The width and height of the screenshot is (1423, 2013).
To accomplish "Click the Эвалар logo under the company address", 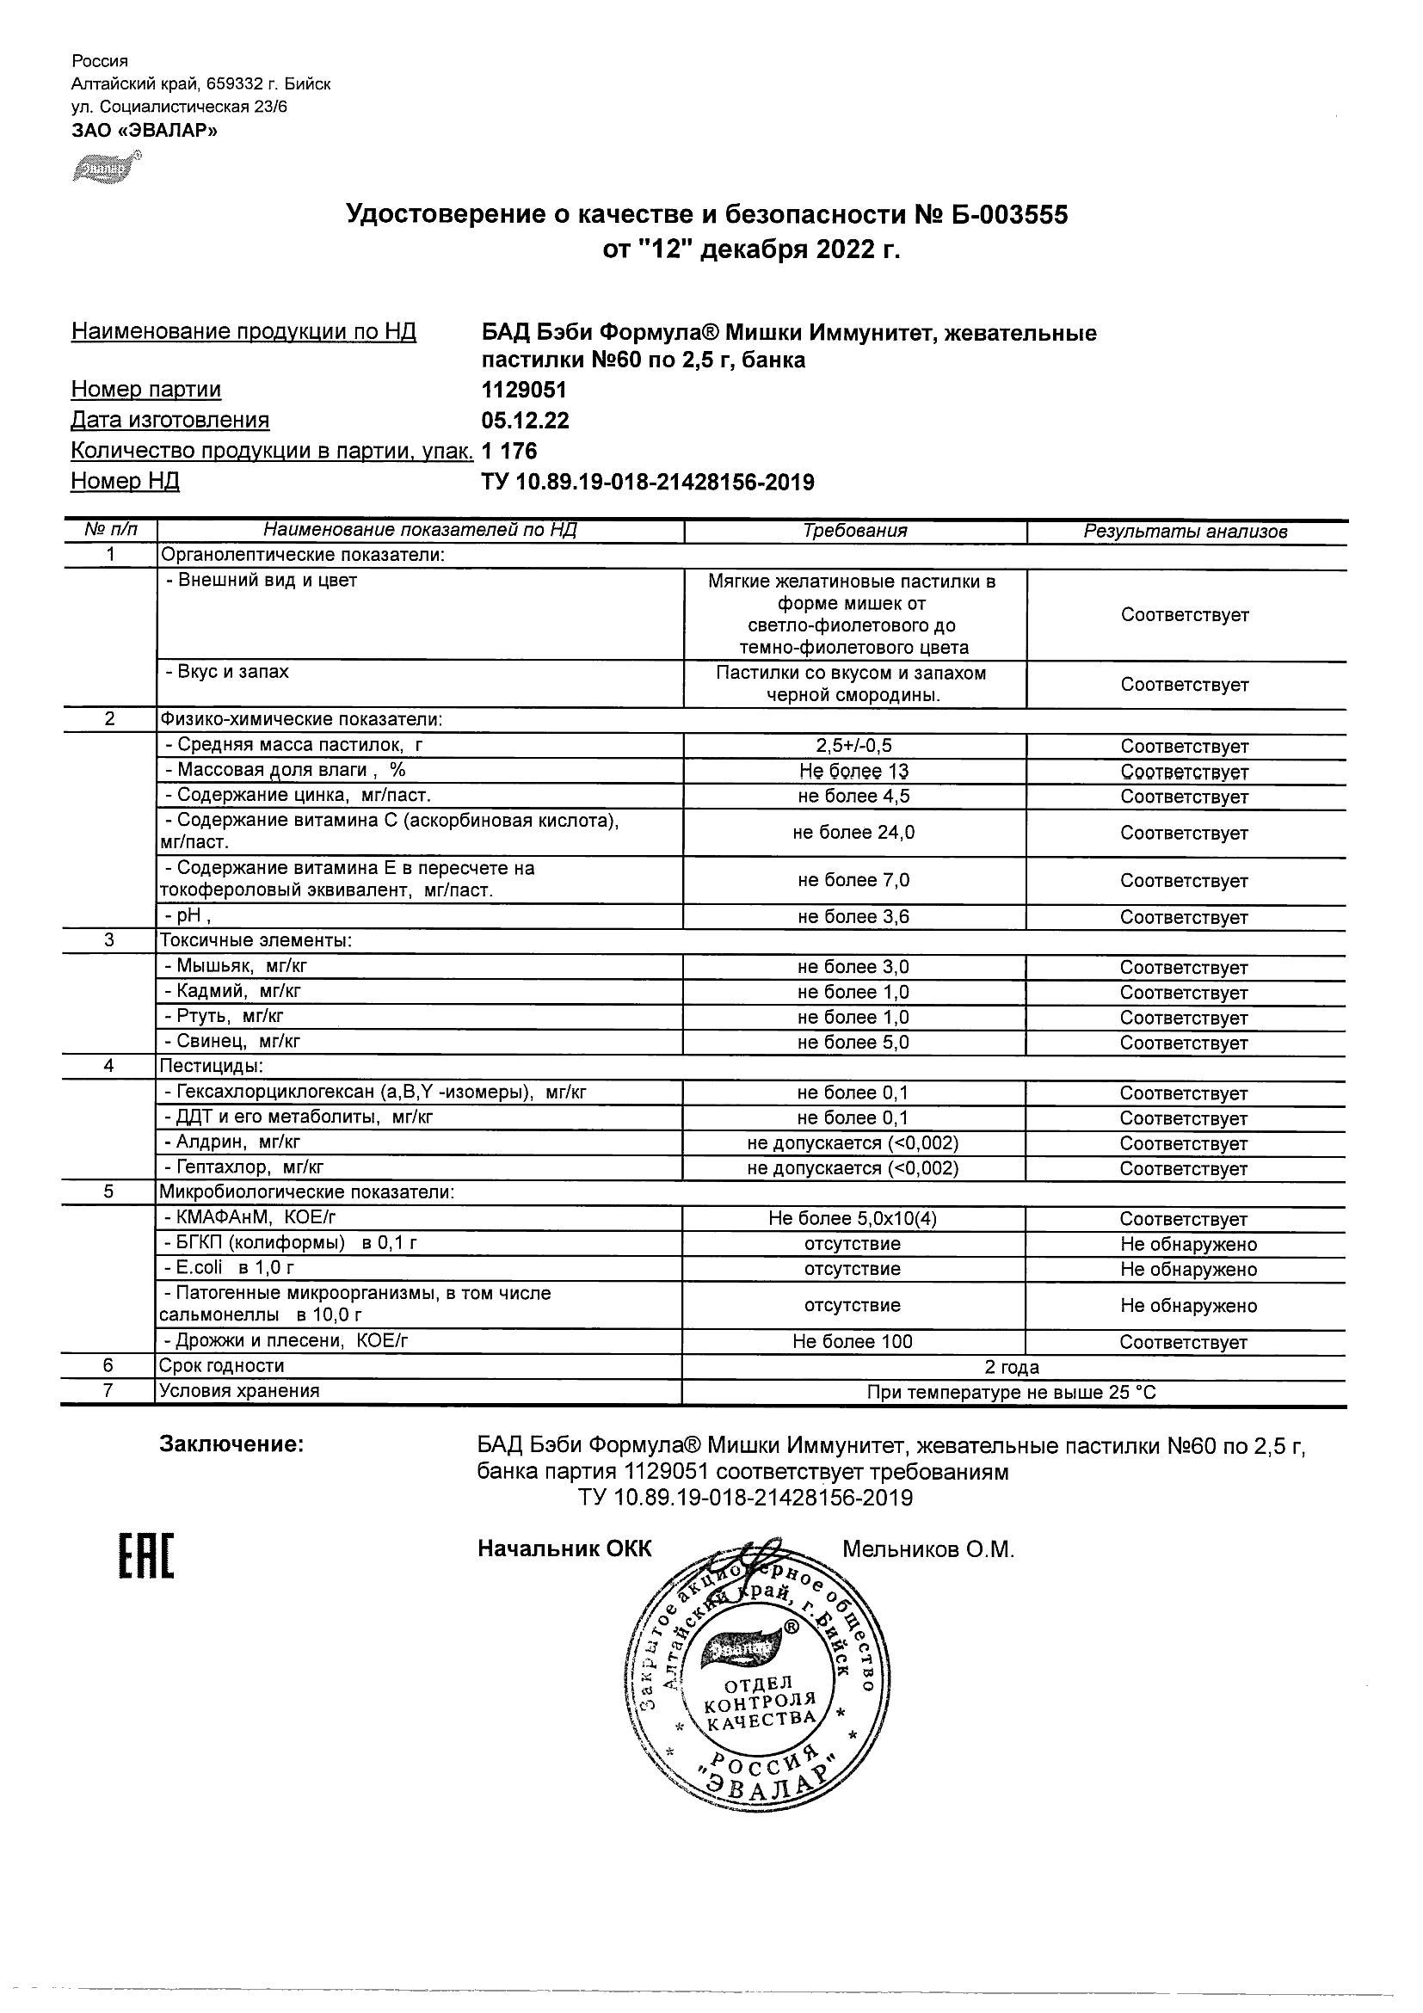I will point(106,168).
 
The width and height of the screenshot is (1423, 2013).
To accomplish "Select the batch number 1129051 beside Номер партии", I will point(524,390).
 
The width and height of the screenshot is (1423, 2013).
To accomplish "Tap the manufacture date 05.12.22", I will point(525,421).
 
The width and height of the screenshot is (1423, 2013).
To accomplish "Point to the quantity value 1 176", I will point(509,452).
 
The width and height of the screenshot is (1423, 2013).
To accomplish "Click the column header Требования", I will point(855,531).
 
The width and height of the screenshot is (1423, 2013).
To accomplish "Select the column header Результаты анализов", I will point(1186,532).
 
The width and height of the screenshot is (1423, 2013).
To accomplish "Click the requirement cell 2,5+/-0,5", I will point(854,746).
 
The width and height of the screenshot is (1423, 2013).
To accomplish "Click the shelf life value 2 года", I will point(1012,1367).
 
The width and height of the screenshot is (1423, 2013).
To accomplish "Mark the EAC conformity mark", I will point(146,1557).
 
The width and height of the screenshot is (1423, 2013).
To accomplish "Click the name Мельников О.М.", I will point(927,1550).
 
